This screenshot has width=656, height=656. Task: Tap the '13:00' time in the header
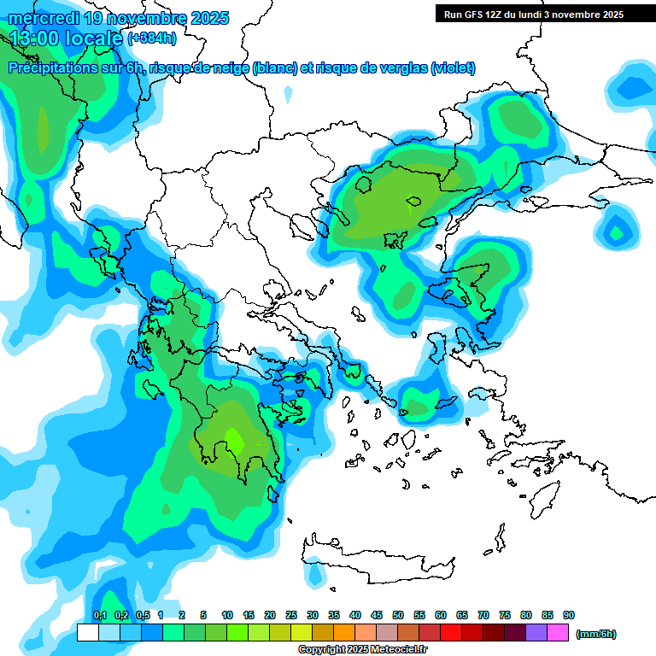[x=34, y=38]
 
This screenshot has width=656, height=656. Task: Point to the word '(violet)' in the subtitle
[x=454, y=68]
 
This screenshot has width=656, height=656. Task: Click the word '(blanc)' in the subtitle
[x=274, y=68]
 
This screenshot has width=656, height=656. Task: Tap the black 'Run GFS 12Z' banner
[x=534, y=14]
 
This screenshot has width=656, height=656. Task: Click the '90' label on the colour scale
[x=569, y=615]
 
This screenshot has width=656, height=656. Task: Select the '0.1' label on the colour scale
[x=99, y=615]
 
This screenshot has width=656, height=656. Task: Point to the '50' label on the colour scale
[x=398, y=615]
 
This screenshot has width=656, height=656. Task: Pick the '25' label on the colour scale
[x=291, y=615]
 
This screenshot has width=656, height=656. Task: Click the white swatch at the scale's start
[x=87, y=632]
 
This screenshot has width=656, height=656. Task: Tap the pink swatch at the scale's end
[x=558, y=632]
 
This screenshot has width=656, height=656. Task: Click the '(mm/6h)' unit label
[x=595, y=634]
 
